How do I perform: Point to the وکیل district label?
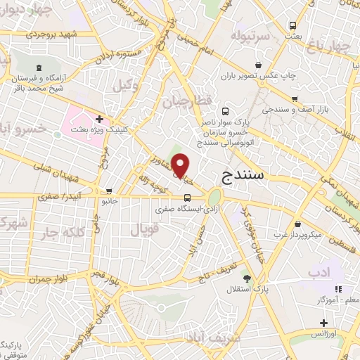pyautogui.click(x=124, y=87)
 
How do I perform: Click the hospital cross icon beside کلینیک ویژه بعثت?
pyautogui.click(x=100, y=120)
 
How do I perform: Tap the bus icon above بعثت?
pyautogui.click(x=292, y=26)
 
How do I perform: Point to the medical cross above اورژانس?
pyautogui.click(x=323, y=323)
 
